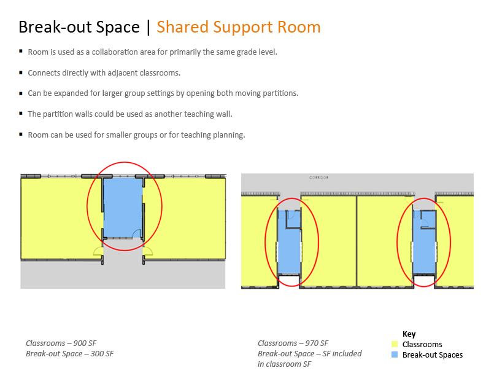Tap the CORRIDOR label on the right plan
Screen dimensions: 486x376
[x=318, y=178]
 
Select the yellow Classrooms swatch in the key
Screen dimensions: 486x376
[x=394, y=344]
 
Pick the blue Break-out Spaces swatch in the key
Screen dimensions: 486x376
[x=394, y=354]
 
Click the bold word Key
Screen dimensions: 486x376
[x=409, y=334]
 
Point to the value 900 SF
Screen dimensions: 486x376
[x=85, y=343]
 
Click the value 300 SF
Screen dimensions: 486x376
[x=102, y=354]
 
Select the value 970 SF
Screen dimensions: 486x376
[x=317, y=343]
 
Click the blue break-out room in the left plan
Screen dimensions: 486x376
[x=123, y=207]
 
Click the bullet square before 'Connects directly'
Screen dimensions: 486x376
[x=21, y=72]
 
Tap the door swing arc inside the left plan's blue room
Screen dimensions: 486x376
[x=136, y=233]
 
